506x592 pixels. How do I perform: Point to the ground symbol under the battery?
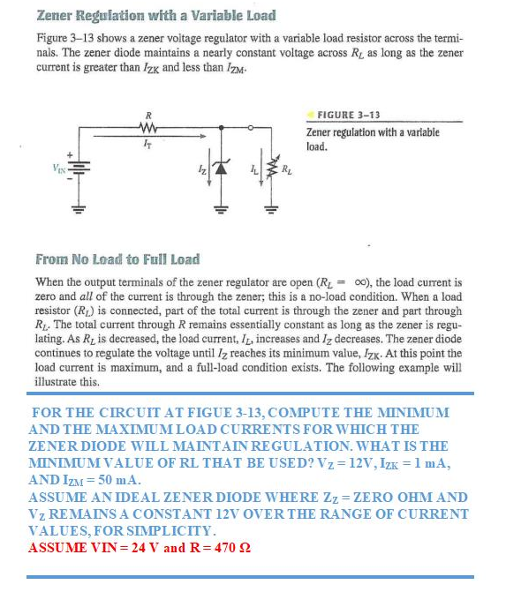pos(75,212)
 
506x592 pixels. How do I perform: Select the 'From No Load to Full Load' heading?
pos(117,259)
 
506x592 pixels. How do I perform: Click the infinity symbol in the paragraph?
pos(412,282)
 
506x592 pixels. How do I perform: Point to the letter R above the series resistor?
pos(148,114)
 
